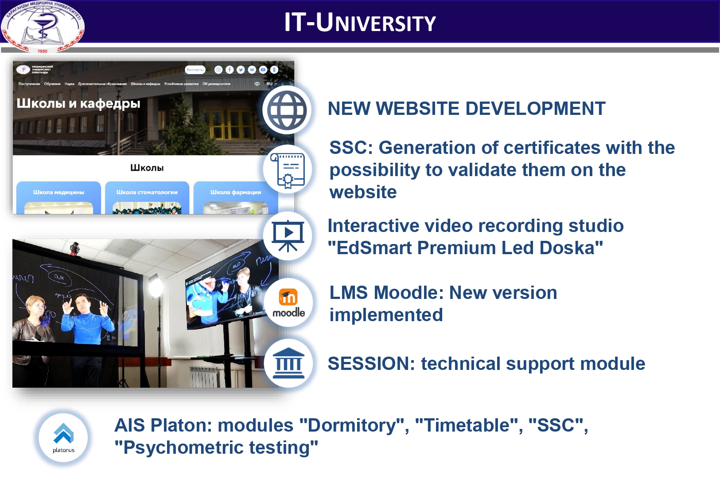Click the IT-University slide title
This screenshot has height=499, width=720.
coord(360,22)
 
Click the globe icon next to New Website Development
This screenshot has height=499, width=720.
coord(287,110)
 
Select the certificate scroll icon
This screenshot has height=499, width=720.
coord(288,169)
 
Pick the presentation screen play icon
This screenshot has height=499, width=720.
coord(288,236)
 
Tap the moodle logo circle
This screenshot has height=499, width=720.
coord(288,303)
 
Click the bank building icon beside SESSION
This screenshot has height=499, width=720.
coord(288,363)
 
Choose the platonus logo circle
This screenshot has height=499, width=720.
coord(63,437)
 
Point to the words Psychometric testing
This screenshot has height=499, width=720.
coord(216,448)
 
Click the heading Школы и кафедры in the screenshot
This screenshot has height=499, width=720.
coord(78,103)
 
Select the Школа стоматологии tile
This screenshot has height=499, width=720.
coord(147,197)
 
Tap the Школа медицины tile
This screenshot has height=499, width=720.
coord(58,197)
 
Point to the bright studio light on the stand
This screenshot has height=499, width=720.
coord(156,286)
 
